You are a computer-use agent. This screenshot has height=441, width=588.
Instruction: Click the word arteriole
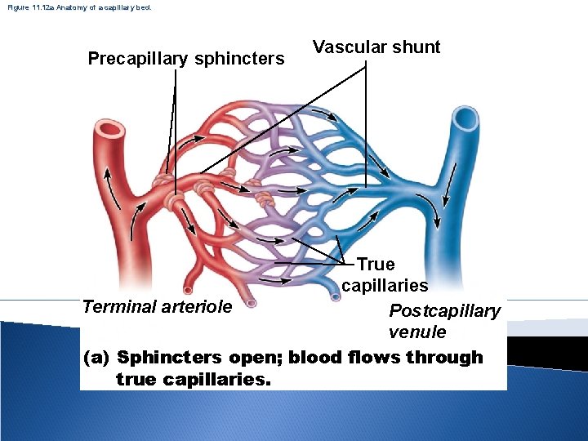195,307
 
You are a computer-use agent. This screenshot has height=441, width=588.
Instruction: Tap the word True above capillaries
376,265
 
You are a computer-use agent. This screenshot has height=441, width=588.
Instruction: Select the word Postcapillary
444,311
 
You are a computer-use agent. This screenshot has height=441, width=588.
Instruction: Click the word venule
417,332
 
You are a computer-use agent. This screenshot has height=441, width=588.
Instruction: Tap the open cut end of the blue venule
466,119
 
